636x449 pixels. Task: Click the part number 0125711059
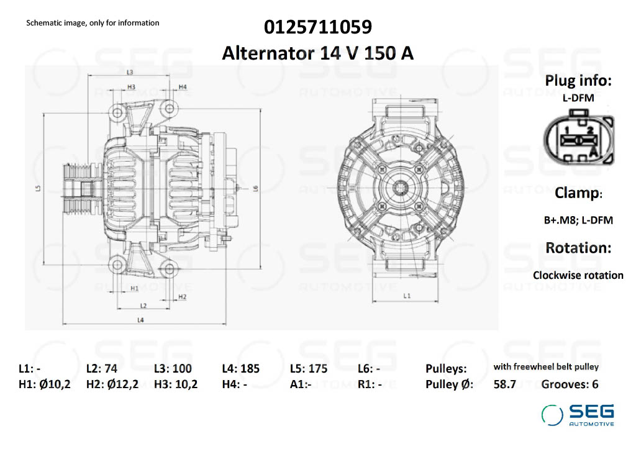[318, 27]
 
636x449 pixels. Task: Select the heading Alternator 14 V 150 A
[318, 53]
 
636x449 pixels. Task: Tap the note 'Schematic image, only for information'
[93, 23]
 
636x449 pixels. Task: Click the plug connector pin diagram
[578, 138]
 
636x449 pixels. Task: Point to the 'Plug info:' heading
[578, 80]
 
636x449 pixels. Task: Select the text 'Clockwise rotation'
[578, 275]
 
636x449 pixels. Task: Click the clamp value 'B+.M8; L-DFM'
[578, 220]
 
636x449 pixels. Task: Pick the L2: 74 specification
[102, 368]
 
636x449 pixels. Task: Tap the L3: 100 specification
[173, 368]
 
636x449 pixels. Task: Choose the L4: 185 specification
[240, 368]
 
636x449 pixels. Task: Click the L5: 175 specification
[309, 368]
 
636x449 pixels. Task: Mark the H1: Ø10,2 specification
[45, 384]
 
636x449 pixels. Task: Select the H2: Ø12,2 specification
[112, 384]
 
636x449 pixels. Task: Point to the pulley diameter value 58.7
[504, 384]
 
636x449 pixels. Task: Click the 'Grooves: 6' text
[570, 384]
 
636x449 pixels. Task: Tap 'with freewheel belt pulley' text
[546, 367]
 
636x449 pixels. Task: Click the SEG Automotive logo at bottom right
[578, 415]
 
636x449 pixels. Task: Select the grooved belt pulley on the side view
[77, 189]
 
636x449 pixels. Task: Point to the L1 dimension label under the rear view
[407, 296]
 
